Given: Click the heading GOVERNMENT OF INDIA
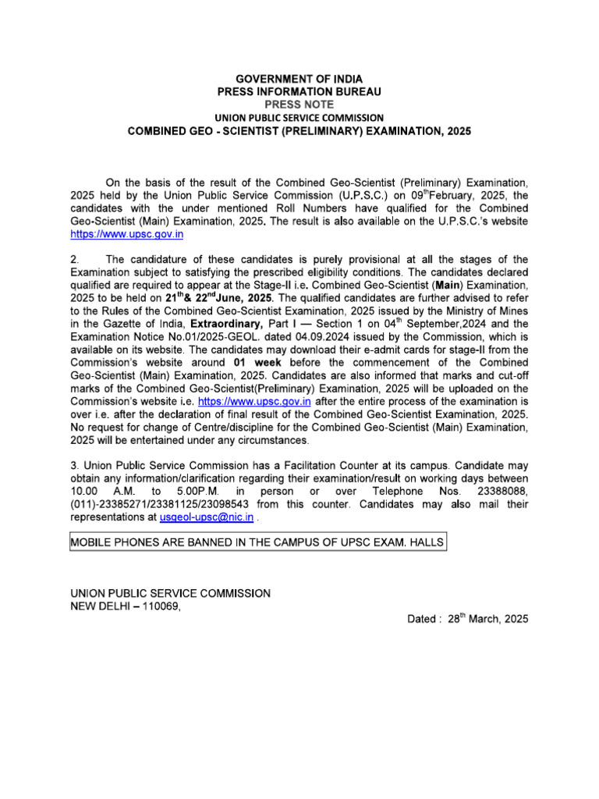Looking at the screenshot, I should click(x=299, y=80).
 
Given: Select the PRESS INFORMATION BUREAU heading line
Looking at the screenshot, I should click(x=299, y=92).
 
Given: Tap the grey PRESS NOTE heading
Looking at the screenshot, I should click(x=299, y=104).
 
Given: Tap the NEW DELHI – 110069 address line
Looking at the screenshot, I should click(x=126, y=606).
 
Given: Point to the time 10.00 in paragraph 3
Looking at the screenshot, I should click(x=83, y=491).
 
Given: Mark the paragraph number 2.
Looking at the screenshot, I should click(x=74, y=259).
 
